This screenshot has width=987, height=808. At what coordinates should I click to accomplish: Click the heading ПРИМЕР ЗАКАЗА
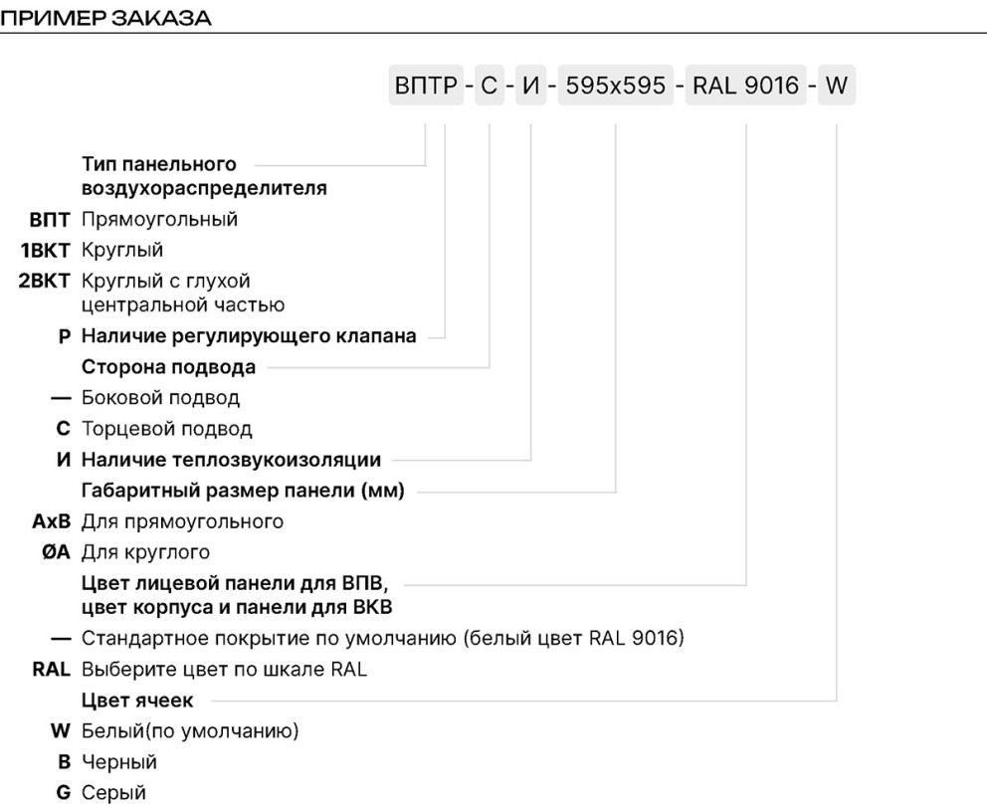point(105,17)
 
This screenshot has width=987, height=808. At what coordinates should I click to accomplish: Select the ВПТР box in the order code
point(426,85)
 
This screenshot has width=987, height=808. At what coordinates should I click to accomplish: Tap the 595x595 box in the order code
point(616,85)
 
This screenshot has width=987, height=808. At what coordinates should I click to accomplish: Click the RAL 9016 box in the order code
point(746,85)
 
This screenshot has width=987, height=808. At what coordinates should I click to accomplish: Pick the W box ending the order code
point(837,85)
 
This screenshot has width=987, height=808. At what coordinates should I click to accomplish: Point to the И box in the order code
point(531,85)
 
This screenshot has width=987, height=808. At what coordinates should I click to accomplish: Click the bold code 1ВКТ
point(45,250)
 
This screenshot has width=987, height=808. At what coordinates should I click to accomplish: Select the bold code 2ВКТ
point(44,281)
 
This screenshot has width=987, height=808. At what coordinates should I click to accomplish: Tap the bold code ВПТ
point(50,220)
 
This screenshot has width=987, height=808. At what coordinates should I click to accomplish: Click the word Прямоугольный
point(160,220)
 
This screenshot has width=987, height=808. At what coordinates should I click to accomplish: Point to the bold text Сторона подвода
point(169,367)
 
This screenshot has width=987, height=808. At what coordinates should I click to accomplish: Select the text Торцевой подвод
point(167,429)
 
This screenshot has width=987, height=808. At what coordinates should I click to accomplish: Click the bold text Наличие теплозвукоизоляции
point(232,460)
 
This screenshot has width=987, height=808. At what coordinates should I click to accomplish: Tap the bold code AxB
point(52,521)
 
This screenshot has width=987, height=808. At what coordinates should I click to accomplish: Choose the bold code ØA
point(56,551)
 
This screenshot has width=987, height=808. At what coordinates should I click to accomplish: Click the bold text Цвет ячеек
point(137,701)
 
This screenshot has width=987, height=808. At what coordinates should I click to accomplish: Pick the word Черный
point(119,762)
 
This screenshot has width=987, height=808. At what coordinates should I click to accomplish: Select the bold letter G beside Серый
point(64,792)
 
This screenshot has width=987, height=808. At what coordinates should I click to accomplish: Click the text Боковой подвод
point(160,398)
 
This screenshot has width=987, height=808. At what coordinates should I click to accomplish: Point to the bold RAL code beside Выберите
point(51,670)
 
